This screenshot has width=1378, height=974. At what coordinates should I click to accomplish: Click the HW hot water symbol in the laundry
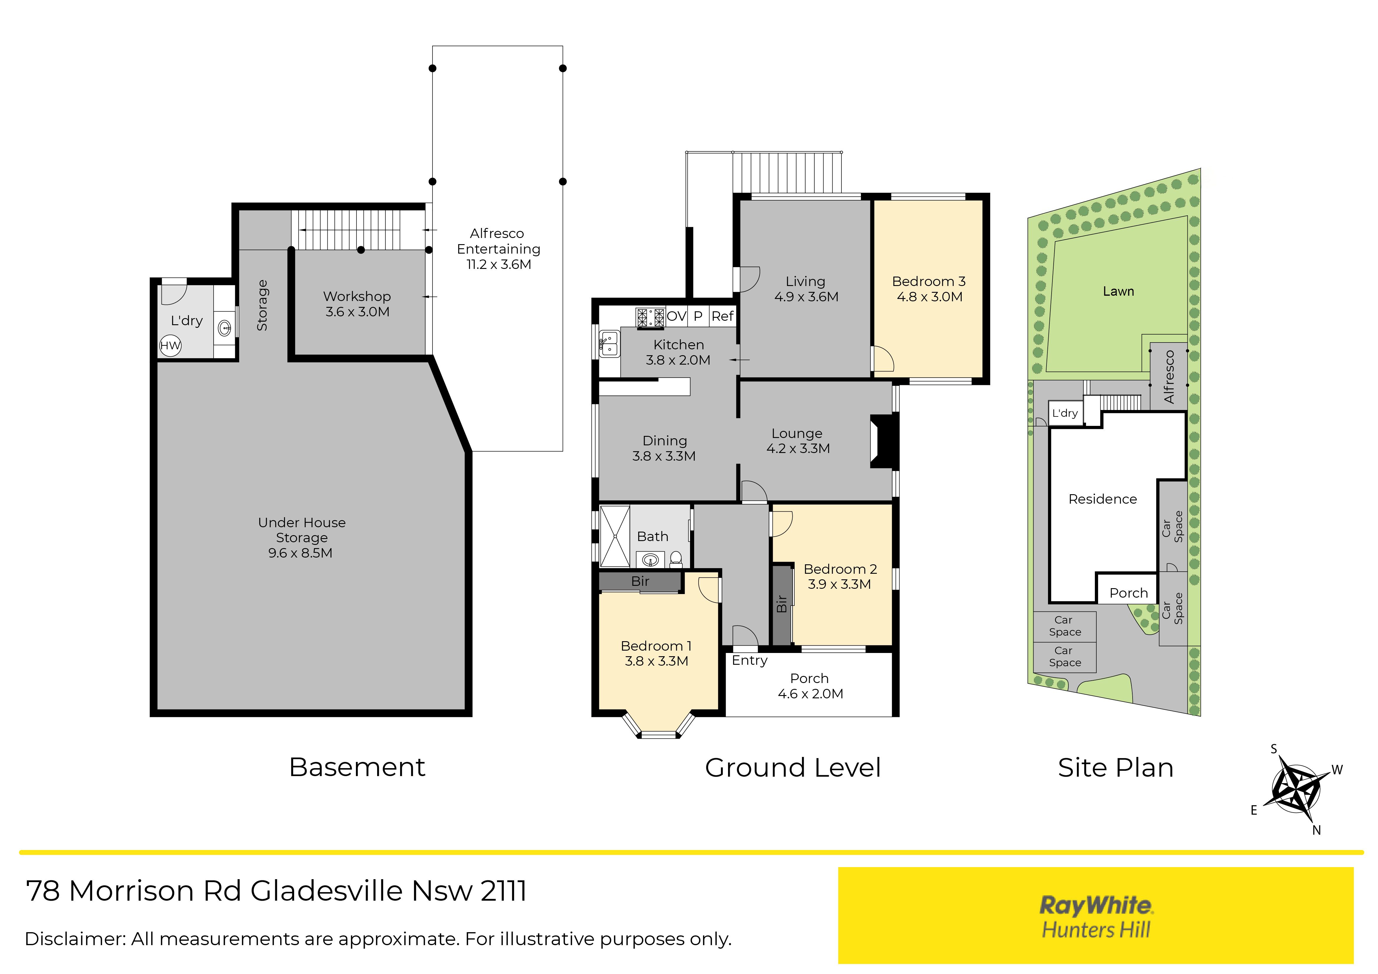pyautogui.click(x=170, y=346)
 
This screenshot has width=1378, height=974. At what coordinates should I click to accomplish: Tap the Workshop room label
pyautogui.click(x=357, y=297)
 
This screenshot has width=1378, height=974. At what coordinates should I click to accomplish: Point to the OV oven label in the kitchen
pyautogui.click(x=676, y=316)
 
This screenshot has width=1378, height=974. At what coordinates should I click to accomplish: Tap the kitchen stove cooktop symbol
pyautogui.click(x=651, y=317)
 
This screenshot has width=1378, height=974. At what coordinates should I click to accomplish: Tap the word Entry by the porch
pyautogui.click(x=750, y=661)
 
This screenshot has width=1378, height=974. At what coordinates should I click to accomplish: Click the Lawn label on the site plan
pyautogui.click(x=1118, y=292)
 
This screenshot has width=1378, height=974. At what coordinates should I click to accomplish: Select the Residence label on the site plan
pyautogui.click(x=1103, y=499)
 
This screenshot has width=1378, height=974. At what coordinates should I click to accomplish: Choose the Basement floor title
pyautogui.click(x=357, y=768)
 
